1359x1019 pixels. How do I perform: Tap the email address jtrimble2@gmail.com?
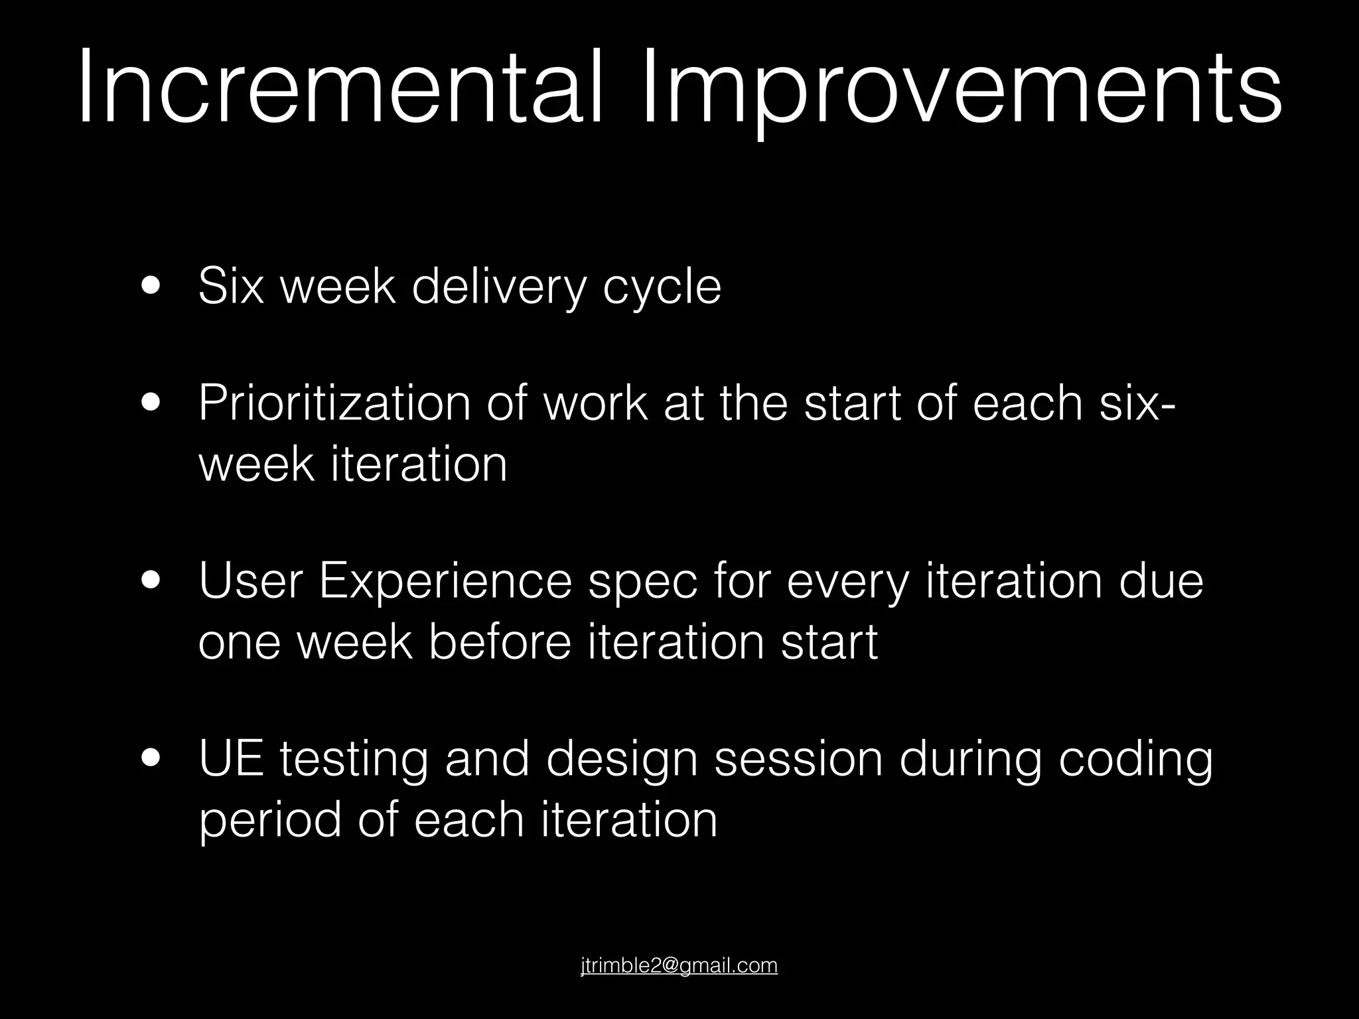pos(679,965)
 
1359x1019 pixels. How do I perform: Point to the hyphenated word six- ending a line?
pos(1138,402)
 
